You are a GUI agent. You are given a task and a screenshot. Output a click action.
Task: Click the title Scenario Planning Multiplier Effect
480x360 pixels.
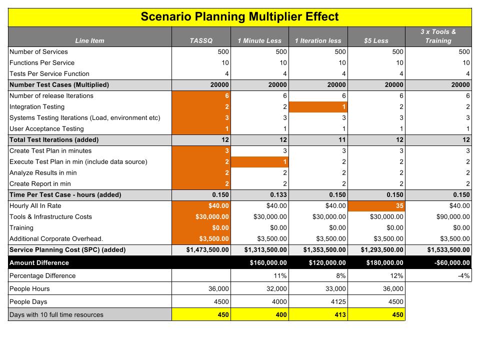(239, 16)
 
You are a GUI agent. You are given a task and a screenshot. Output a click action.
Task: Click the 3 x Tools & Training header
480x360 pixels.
(438, 36)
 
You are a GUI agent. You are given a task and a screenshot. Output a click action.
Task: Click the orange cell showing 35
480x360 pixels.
(376, 205)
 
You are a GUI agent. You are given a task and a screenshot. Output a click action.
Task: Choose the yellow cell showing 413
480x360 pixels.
(318, 314)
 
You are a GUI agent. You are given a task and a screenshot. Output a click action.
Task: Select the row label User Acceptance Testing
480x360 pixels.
(46, 129)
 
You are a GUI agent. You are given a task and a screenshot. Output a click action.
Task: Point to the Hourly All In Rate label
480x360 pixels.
(35, 205)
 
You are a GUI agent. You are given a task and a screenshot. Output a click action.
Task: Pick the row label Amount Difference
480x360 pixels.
(39, 262)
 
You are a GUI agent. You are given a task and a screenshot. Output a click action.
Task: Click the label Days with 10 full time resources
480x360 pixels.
(56, 314)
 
